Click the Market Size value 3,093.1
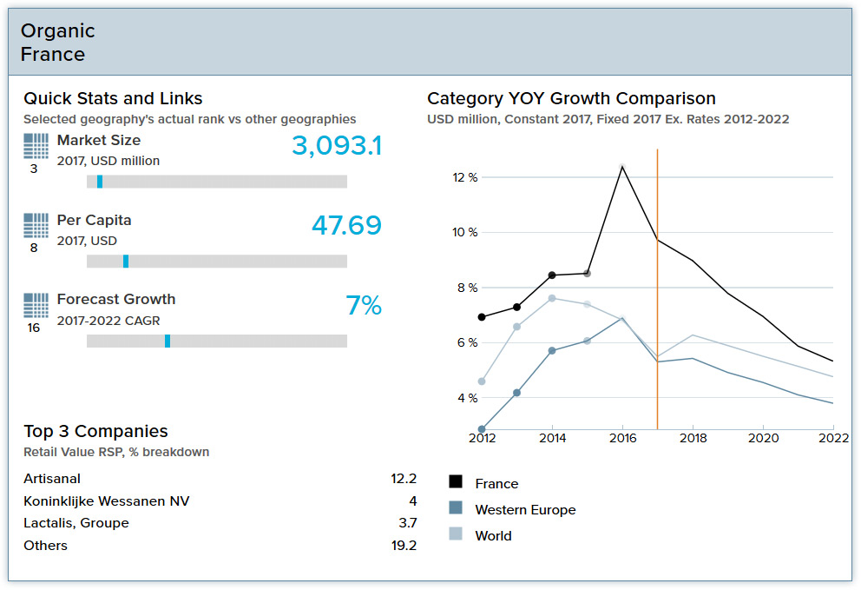[336, 146]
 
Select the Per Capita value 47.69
[346, 226]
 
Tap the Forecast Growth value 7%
[364, 306]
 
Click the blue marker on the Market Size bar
[100, 182]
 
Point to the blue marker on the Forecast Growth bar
[168, 341]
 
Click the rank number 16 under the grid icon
[34, 328]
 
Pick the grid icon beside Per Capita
[36, 226]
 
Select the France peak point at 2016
[621, 166]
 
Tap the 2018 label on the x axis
[693, 438]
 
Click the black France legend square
[456, 482]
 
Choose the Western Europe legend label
[525, 510]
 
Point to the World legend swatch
[456, 534]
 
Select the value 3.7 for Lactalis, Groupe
[407, 523]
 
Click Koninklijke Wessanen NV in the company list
[106, 501]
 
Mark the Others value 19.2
[404, 546]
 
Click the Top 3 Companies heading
[95, 431]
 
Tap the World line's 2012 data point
[482, 381]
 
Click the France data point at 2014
[552, 275]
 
